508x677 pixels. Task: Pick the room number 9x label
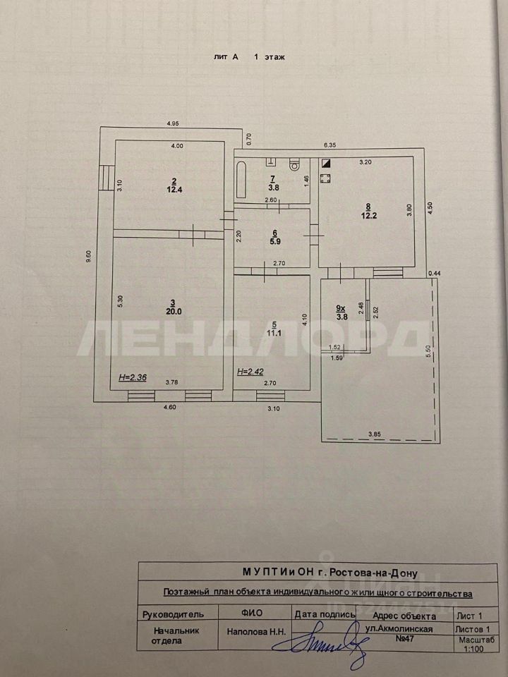(341, 307)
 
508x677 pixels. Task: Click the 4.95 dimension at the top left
(172, 123)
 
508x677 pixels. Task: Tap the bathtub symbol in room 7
(241, 181)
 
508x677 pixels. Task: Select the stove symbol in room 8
(325, 178)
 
